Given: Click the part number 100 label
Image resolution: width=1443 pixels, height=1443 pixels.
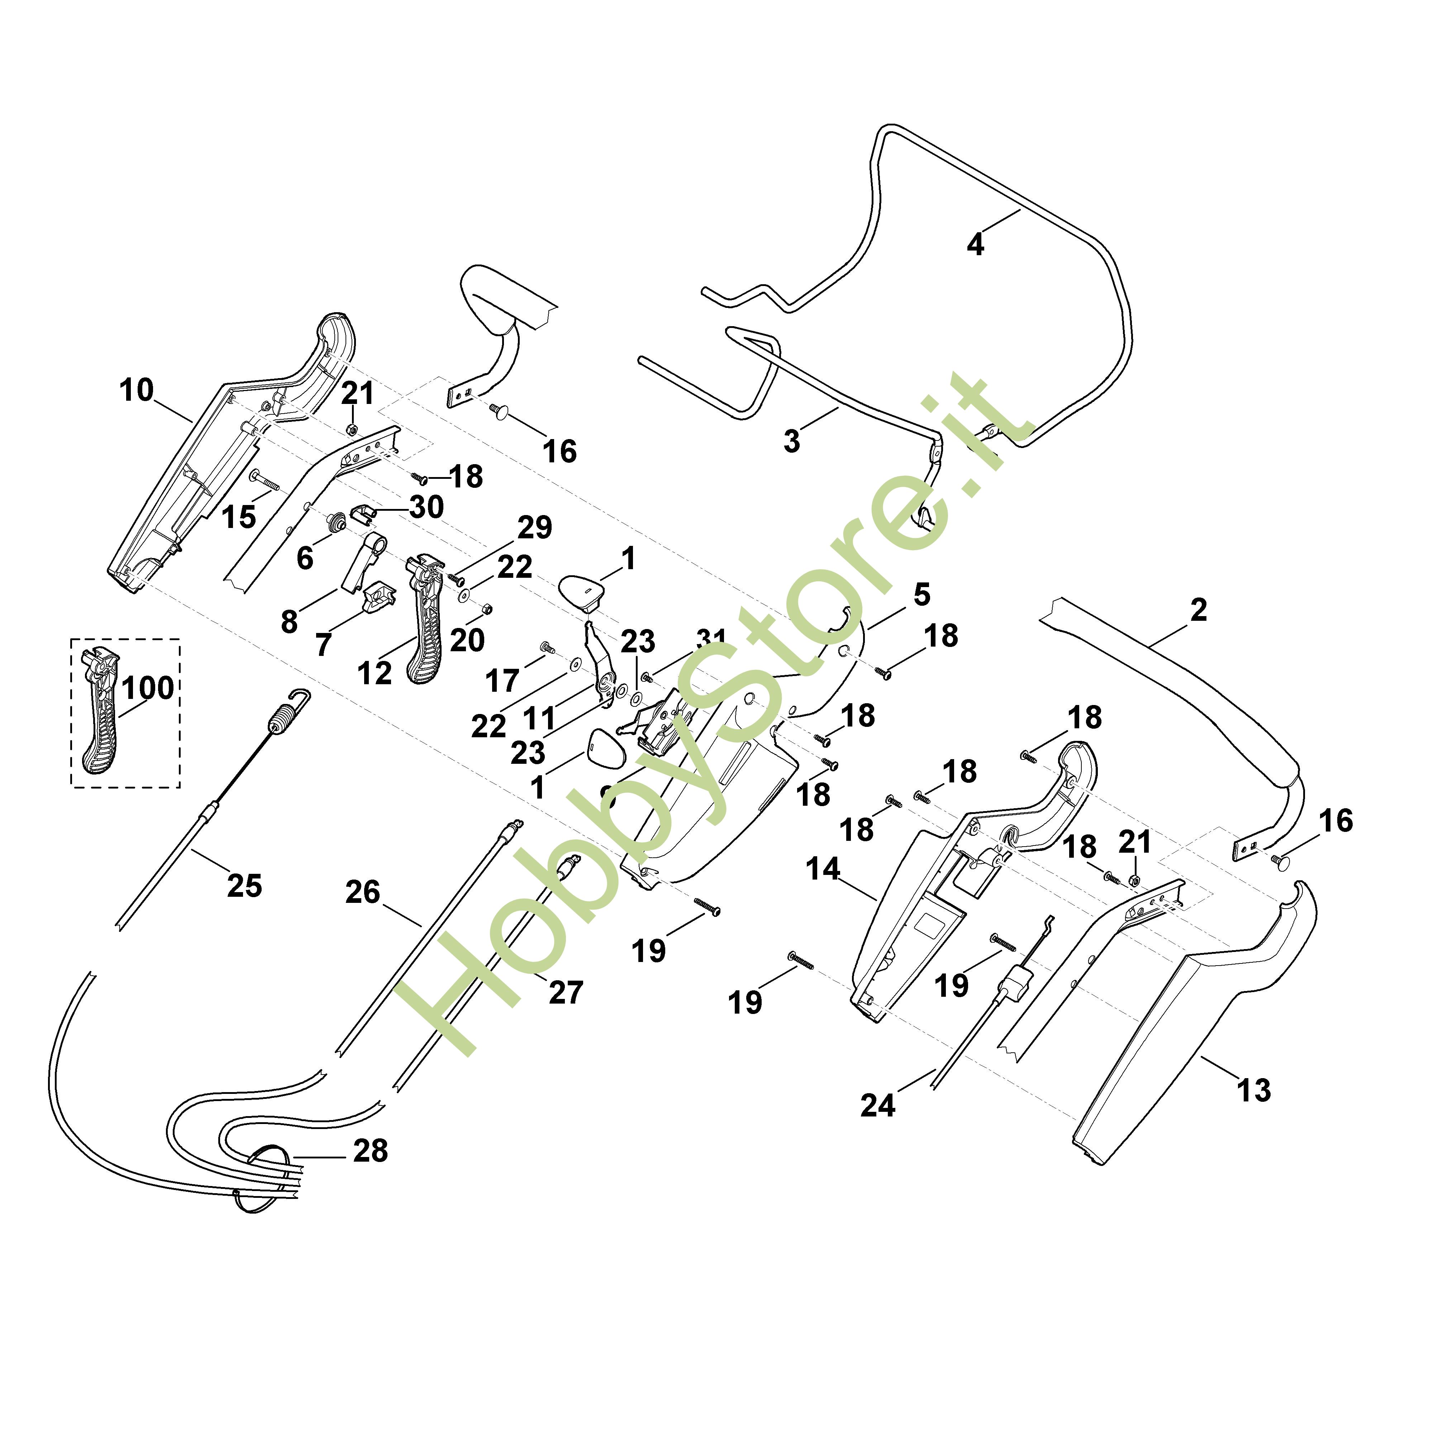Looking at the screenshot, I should coord(148,688).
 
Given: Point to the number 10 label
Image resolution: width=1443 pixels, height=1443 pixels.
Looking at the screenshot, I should coord(137,390).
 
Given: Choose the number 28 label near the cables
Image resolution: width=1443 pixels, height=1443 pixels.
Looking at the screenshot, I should coord(371,1151).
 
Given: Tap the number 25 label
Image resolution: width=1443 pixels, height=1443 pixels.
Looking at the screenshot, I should coord(244,886).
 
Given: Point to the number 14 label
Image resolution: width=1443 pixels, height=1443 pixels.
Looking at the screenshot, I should coord(823,869).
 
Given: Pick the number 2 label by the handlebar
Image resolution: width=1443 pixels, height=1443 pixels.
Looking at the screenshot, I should coord(1199,610).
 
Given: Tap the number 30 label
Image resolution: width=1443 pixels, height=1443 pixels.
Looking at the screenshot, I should coord(427,507).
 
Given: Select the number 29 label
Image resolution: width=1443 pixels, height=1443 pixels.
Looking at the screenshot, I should coord(535,527).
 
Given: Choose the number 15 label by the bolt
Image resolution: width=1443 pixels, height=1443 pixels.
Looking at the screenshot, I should coord(239,517).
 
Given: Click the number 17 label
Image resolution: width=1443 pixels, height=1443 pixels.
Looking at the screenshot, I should coord(502,680).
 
